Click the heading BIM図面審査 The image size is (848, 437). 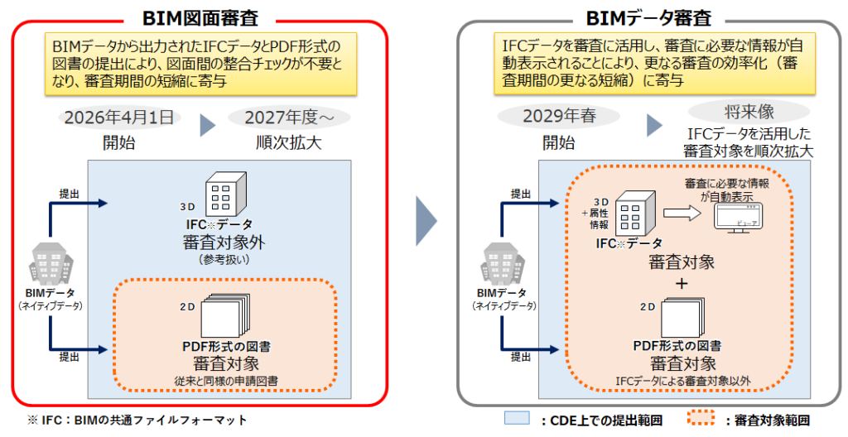(200, 18)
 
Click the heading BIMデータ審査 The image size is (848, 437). (648, 18)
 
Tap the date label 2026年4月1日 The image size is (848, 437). (119, 118)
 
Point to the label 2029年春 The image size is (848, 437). (559, 116)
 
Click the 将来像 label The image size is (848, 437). (749, 112)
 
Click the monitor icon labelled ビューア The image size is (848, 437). (738, 218)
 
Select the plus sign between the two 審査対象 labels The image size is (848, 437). (682, 283)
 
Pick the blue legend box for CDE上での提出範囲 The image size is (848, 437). (517, 418)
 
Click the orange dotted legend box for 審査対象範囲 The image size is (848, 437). (701, 418)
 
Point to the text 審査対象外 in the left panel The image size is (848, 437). (224, 242)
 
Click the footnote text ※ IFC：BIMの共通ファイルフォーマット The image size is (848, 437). (137, 420)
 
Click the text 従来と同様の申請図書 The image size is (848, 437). (226, 382)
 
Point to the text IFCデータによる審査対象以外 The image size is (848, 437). (683, 382)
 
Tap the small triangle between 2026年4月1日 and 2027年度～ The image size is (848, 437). (208, 125)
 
